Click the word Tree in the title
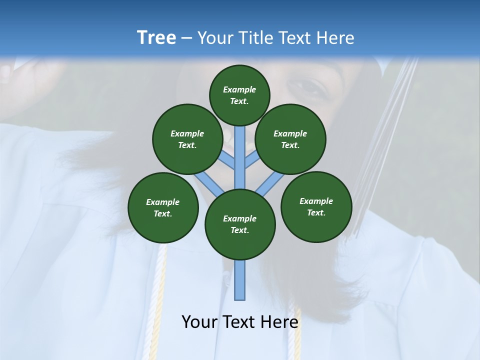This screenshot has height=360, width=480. (156, 38)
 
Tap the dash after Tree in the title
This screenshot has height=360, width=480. (186, 38)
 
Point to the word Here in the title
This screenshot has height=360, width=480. (336, 38)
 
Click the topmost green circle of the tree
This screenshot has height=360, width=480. (239, 95)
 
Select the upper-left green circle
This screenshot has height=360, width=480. (187, 139)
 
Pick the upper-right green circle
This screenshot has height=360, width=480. (290, 139)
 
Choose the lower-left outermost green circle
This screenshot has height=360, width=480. (163, 207)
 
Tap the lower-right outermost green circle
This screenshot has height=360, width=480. (316, 206)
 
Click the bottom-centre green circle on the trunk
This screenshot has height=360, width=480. (240, 224)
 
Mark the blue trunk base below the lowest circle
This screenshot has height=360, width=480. (240, 280)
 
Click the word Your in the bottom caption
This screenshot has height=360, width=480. (198, 322)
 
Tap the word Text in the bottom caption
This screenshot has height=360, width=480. (239, 322)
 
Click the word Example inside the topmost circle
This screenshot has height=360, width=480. (239, 89)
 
